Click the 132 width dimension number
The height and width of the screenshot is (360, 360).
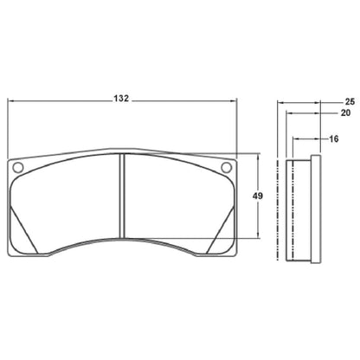coord(121,99)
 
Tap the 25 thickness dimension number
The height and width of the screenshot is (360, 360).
coord(349,100)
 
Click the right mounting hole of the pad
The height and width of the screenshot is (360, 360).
coord(226,168)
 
